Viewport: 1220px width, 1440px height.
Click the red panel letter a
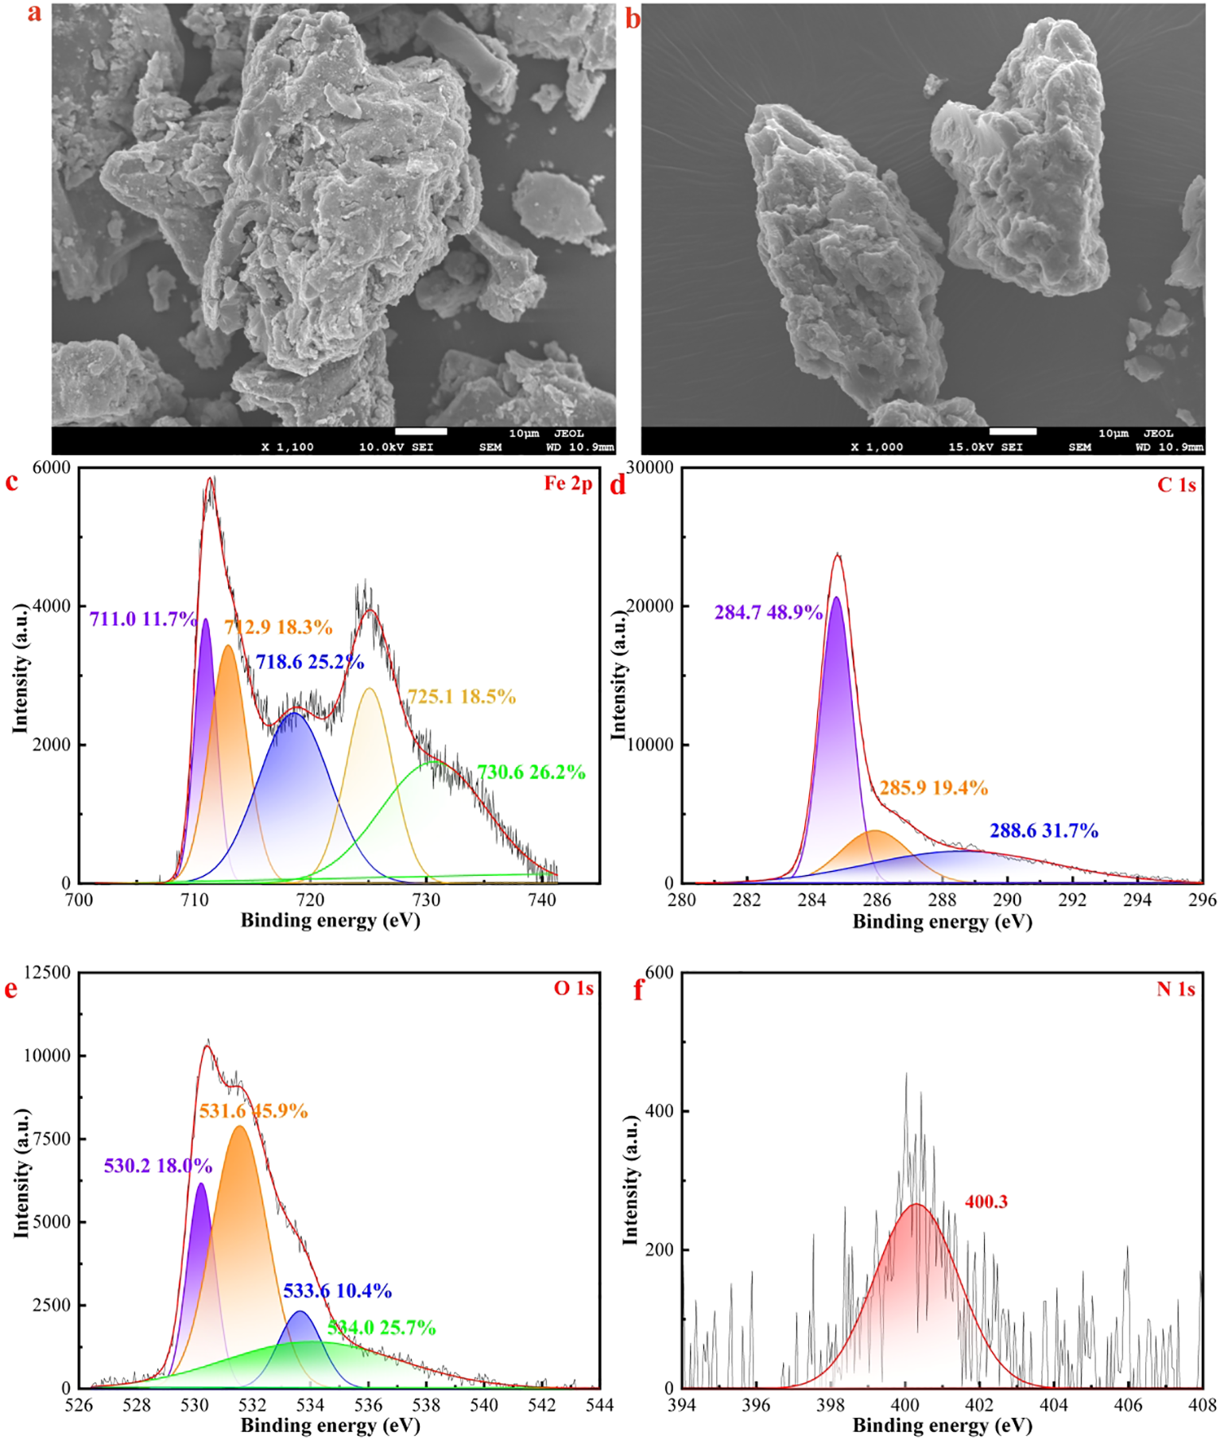coord(34,14)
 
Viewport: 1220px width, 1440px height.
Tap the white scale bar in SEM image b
coord(1012,432)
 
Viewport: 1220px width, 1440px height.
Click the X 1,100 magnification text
coord(287,447)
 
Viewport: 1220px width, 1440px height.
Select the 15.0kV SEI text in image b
coord(986,447)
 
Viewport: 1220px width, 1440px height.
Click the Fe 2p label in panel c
coord(567,483)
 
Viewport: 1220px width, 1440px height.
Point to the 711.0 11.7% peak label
coord(143,619)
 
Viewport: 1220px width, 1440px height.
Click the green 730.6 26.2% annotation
coord(531,772)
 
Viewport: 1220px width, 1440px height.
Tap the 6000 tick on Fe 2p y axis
coord(51,468)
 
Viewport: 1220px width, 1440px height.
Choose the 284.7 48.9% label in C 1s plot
coord(768,612)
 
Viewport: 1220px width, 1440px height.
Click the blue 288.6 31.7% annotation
coord(1044,830)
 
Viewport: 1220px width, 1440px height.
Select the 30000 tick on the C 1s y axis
coord(649,467)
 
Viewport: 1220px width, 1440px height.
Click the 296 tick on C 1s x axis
coord(1202,900)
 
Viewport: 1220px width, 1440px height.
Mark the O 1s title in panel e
coord(573,988)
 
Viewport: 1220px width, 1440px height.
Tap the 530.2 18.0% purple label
coord(157,1166)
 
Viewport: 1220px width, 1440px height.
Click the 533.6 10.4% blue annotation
coord(337,1291)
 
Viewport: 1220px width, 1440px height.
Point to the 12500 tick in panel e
coord(47,973)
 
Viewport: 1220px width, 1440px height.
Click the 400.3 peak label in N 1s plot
coord(986,1202)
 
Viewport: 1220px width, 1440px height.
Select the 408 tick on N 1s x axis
coord(1202,1405)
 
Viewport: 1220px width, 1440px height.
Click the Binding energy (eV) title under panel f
coord(942,1425)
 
